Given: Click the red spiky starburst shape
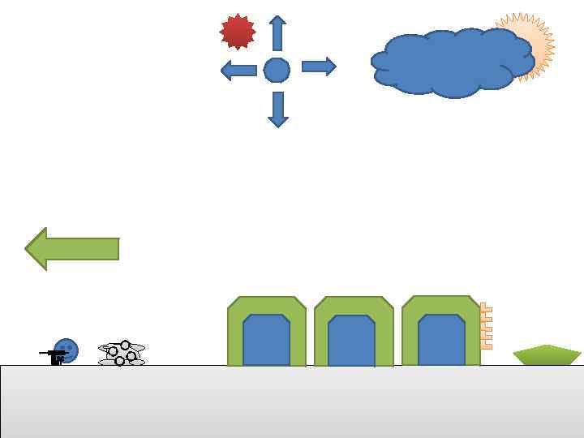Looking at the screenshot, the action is pyautogui.click(x=238, y=32).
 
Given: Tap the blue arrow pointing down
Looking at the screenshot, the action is pyautogui.click(x=278, y=109).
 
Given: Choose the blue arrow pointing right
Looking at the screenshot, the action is pyautogui.click(x=318, y=67).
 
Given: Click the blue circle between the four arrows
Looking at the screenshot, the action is pyautogui.click(x=277, y=71).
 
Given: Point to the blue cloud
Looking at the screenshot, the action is pyautogui.click(x=450, y=63).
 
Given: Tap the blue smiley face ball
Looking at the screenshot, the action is pyautogui.click(x=67, y=350).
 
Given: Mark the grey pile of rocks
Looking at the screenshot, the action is pyautogui.click(x=122, y=354).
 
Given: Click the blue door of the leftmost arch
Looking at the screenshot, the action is pyautogui.click(x=266, y=341).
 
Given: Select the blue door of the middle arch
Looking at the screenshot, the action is pyautogui.click(x=351, y=341).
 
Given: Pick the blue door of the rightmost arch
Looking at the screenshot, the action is pyautogui.click(x=441, y=341).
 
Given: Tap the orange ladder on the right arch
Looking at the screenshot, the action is pyautogui.click(x=486, y=326).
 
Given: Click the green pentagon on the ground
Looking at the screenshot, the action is pyautogui.click(x=547, y=355).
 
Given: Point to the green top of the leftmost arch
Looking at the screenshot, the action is pyautogui.click(x=266, y=305).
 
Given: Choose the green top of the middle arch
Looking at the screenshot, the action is pyautogui.click(x=353, y=305).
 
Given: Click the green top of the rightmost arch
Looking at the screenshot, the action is pyautogui.click(x=440, y=304).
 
